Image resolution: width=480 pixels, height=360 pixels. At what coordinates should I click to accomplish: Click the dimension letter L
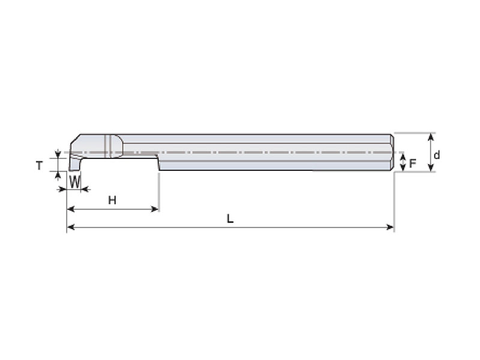coord(230,218)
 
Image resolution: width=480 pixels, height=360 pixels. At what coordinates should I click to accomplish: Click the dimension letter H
coord(112,200)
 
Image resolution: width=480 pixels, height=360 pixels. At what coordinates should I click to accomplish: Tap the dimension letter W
coord(74,182)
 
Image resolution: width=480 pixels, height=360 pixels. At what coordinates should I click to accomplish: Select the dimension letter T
coord(39,166)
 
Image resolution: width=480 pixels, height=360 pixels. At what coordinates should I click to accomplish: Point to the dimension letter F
coord(413,163)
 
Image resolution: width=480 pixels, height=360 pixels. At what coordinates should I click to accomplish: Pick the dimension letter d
coord(437,155)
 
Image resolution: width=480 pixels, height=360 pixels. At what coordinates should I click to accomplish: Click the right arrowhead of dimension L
coord(391,227)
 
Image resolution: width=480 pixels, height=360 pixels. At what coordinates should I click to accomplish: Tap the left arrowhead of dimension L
coord(71,227)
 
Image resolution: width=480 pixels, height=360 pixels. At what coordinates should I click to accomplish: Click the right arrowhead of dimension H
coord(155,209)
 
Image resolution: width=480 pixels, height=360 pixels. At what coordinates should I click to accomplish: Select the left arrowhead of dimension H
coord(71,209)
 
